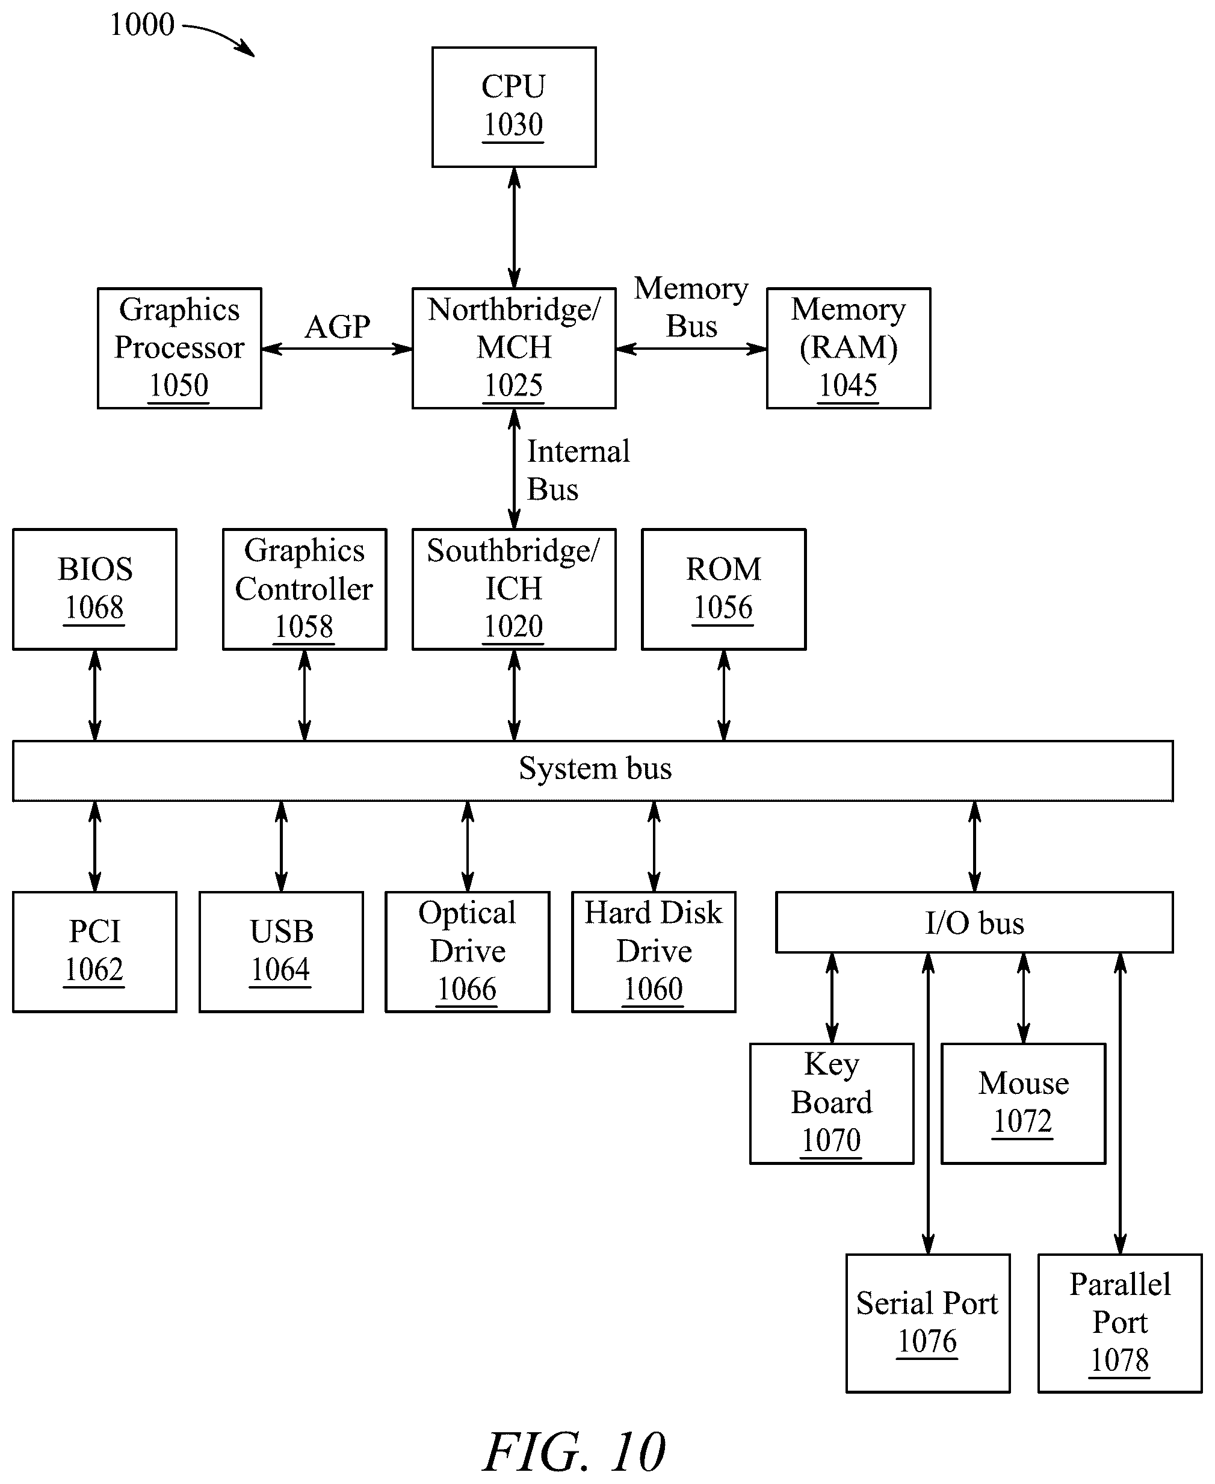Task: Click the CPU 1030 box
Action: pos(514,107)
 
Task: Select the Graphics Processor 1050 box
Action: pos(179,348)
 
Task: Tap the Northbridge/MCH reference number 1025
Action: pos(514,385)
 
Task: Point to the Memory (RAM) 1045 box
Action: pos(849,348)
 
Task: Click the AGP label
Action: pos(338,327)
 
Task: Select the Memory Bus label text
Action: pos(691,307)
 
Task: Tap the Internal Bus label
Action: pos(578,470)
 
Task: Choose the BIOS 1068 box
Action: pos(94,589)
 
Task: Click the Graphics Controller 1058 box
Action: pos(305,589)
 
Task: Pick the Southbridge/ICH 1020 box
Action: pos(514,589)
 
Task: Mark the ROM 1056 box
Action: pos(724,589)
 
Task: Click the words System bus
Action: pos(595,769)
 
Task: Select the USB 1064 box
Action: pos(282,952)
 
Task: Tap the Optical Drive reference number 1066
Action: pos(467,989)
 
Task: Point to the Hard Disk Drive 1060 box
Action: pos(654,952)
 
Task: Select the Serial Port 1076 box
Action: pos(928,1324)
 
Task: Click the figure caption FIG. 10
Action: pos(574,1452)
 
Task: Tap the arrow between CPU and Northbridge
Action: pos(514,228)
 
